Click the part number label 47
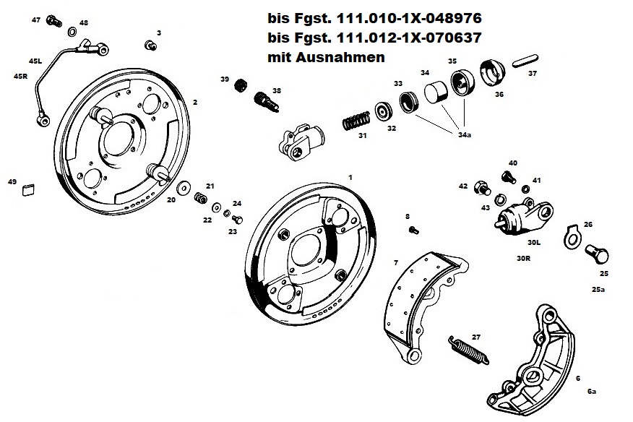tap(36, 20)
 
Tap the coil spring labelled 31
tap(358, 119)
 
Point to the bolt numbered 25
tap(598, 255)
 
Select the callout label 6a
tap(591, 391)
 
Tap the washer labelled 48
tap(72, 33)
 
